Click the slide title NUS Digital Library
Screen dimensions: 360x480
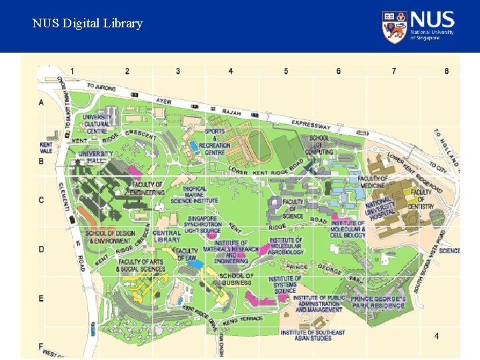coord(87,23)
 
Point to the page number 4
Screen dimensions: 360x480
coord(436,336)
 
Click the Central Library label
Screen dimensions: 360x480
coord(167,236)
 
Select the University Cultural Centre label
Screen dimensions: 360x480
coord(97,124)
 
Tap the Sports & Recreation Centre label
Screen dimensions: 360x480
coord(215,142)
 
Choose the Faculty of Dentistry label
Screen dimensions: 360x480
coord(421,199)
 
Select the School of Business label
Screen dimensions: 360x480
coord(236,279)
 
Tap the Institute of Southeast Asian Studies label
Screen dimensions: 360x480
coord(313,335)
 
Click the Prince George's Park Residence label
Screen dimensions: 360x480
coord(378,303)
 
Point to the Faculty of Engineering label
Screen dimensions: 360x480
coord(147,188)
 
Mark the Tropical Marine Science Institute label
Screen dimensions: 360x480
coord(194,195)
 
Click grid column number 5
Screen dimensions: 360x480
coord(286,71)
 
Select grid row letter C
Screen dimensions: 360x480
coord(41,200)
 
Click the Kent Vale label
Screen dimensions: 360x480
coord(46,147)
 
